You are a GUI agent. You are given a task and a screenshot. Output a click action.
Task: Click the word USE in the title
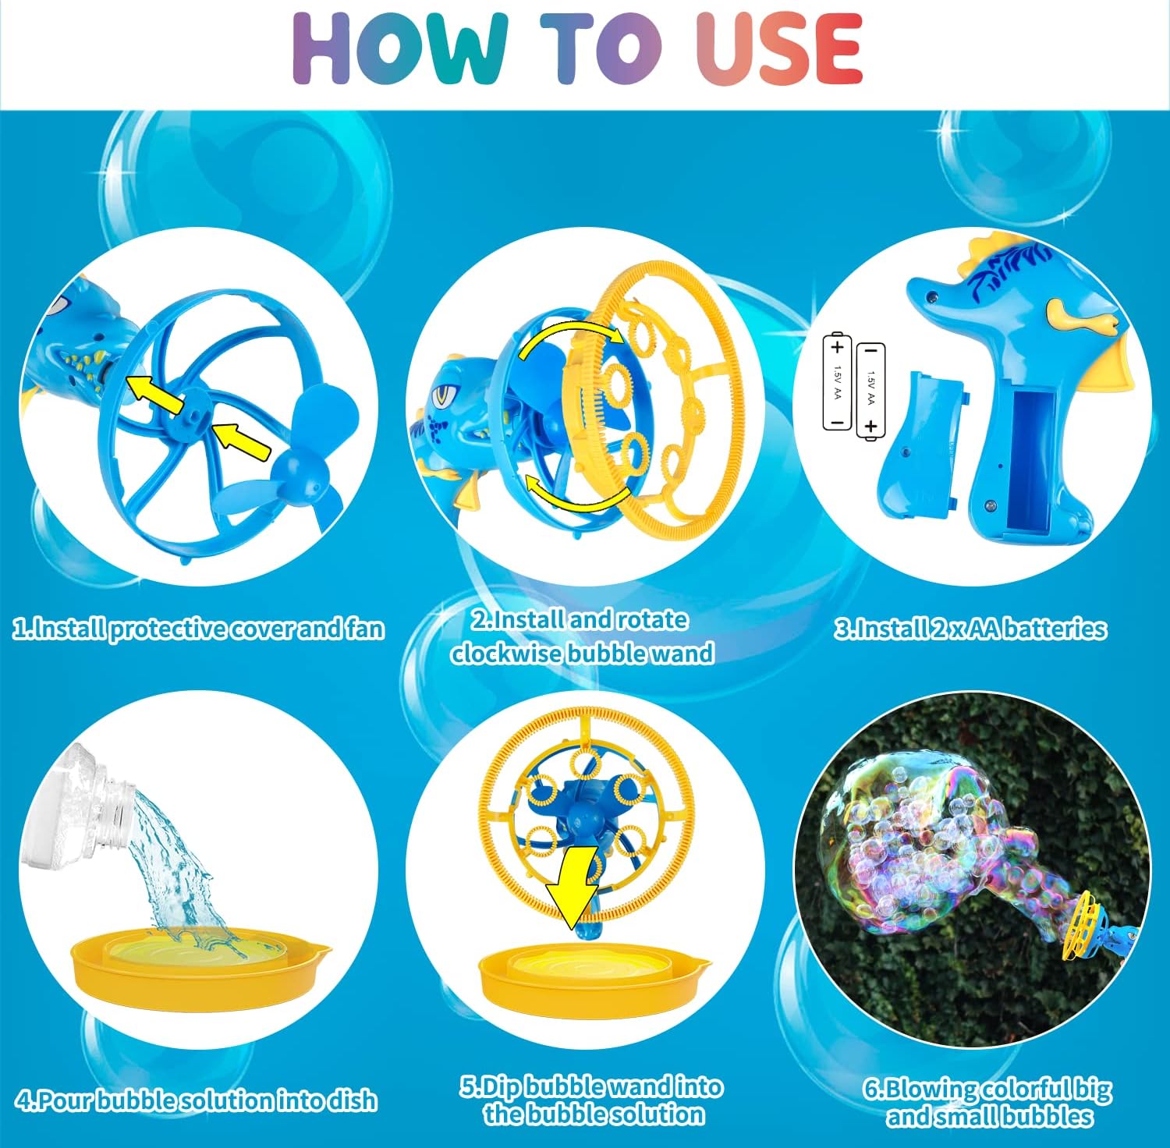coord(778,48)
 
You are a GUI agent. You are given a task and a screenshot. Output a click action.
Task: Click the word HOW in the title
coord(399,48)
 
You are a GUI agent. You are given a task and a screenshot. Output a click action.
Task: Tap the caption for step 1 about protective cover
coord(199,629)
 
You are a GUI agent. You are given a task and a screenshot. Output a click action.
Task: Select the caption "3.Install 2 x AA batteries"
coord(970,629)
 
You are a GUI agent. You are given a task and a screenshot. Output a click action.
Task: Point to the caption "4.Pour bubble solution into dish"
coord(197,1100)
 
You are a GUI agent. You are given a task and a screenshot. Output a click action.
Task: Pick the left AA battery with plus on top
coord(837,382)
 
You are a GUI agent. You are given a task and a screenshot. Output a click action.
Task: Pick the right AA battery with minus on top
coord(870,390)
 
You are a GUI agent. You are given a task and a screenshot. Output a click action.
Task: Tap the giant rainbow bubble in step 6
coord(920,842)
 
